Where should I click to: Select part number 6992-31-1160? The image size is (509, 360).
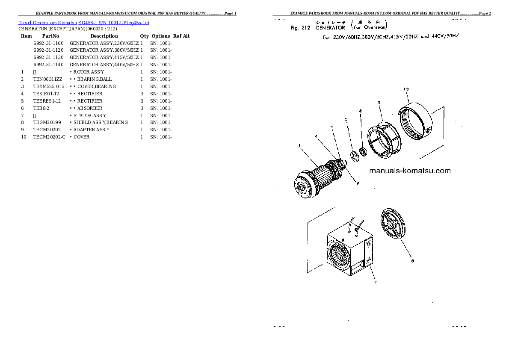48,43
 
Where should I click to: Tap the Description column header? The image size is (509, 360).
104,36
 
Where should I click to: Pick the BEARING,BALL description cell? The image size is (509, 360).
92,79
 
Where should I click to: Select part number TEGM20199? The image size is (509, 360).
47,122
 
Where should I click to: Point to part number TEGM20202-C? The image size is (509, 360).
50,137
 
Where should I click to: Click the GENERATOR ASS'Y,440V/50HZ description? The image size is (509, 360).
104,65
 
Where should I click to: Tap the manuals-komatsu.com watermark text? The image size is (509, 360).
409,171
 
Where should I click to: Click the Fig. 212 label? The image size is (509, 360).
300,28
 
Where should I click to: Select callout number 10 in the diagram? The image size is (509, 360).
406,89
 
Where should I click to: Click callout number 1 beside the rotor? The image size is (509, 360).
300,146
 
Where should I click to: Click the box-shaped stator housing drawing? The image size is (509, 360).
349,252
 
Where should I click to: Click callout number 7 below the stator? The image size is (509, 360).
375,282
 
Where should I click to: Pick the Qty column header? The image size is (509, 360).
144,36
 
